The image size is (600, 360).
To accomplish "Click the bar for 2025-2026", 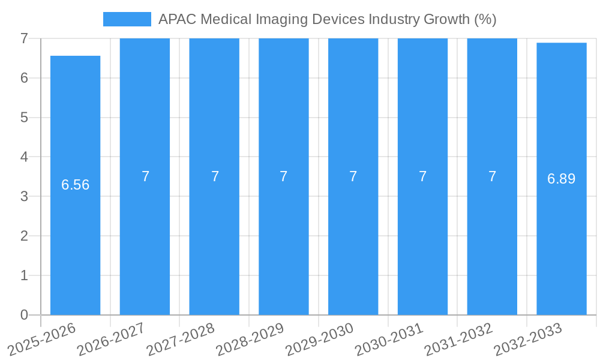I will point(75,240).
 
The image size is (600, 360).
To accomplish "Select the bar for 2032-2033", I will point(562,240).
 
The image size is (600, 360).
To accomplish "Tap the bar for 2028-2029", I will point(284,240).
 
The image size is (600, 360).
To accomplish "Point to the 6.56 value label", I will point(76,185).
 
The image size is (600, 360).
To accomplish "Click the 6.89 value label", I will point(562,179).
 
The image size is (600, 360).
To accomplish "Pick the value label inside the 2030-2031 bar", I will point(422,176).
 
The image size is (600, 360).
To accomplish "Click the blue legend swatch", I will point(127,19).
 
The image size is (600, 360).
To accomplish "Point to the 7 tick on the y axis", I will point(24,38).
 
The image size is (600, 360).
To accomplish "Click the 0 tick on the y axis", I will point(24,315).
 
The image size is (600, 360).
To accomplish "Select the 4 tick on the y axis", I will point(24,157).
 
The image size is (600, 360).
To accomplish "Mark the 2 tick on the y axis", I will point(24,236).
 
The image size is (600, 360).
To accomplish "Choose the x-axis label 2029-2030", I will point(319,338).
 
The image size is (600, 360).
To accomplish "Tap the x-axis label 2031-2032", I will point(458,338).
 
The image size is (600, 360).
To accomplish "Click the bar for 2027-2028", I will point(214,240).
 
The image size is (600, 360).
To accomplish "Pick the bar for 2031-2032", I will point(492,240).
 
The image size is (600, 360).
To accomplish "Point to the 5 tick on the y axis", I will point(24,118).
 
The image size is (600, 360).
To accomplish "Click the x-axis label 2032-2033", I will point(527,338).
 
